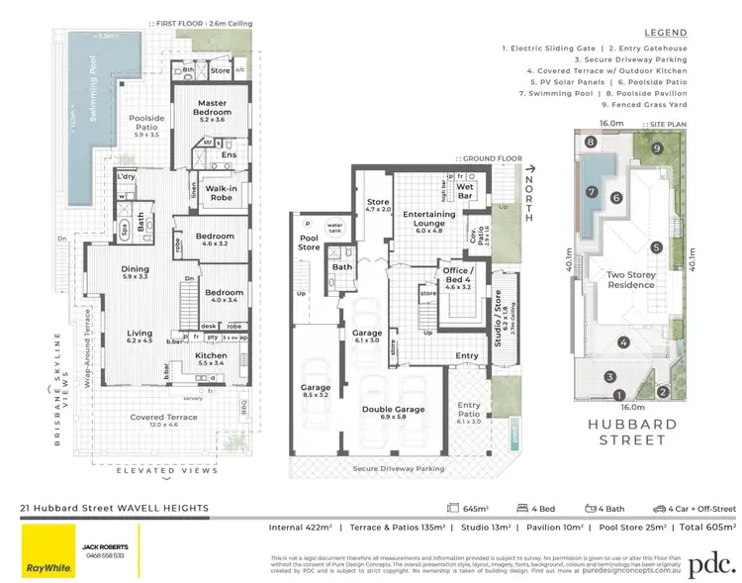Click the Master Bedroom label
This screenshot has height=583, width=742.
(x=214, y=108)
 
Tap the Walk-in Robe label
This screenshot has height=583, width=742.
(x=220, y=192)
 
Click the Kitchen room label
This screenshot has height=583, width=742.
(x=211, y=356)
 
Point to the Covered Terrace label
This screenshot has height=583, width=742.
(x=164, y=418)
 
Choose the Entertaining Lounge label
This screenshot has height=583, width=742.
(x=428, y=219)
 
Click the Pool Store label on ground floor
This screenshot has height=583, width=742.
(x=310, y=242)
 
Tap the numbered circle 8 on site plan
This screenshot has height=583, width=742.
(x=590, y=143)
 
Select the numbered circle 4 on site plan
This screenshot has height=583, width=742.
(x=622, y=342)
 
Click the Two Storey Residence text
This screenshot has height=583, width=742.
(x=631, y=279)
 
